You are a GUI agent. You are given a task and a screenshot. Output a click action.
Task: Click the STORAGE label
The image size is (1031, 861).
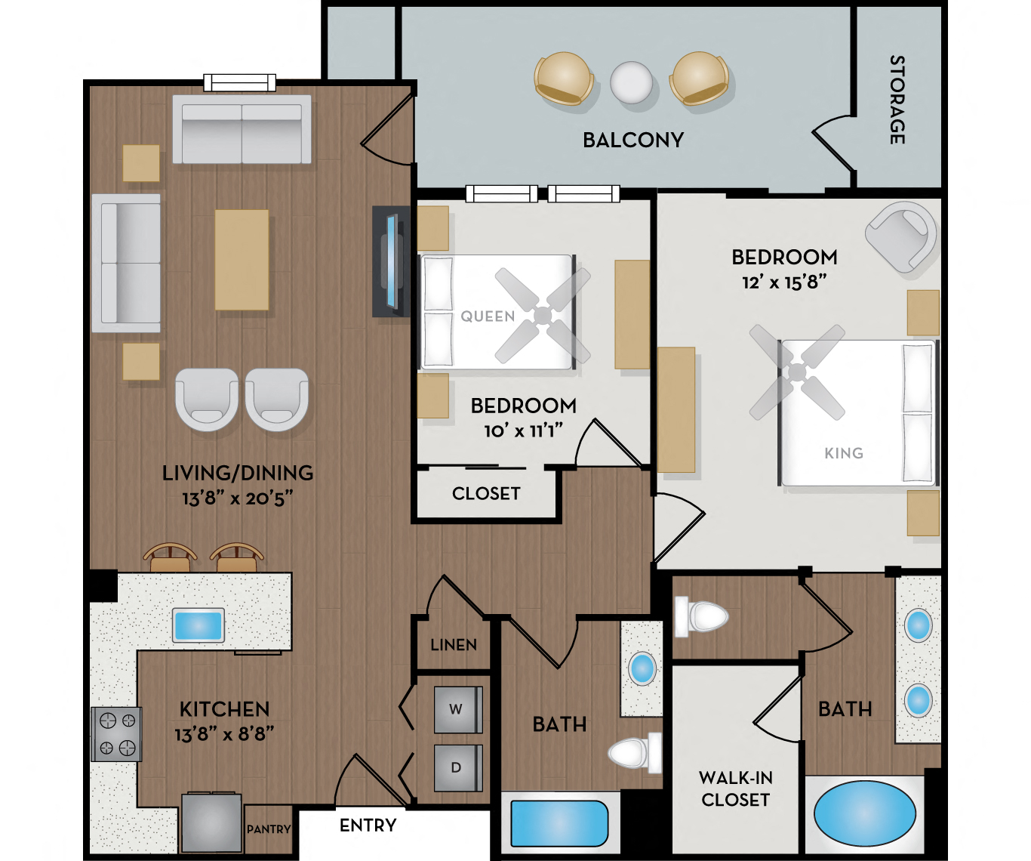(x=897, y=100)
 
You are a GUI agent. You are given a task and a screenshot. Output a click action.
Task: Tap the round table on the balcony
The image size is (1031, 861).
(x=631, y=82)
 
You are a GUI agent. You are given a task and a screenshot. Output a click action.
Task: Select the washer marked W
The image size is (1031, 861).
(x=456, y=709)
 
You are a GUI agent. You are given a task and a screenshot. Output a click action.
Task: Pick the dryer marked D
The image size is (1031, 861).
(x=456, y=767)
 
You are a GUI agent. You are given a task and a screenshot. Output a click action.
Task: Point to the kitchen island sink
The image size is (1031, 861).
(x=199, y=625)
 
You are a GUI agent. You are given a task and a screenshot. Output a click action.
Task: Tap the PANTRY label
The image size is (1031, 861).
(x=269, y=829)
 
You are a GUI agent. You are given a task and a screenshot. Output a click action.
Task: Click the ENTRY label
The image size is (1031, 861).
(x=368, y=826)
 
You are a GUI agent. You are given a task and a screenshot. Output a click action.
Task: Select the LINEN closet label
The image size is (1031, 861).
(x=454, y=645)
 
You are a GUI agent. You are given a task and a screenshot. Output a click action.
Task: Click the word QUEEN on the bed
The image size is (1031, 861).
(x=488, y=316)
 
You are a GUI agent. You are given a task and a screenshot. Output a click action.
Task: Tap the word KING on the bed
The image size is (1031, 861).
(x=844, y=453)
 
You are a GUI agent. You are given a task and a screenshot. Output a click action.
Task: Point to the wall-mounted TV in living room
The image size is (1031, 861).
(x=391, y=261)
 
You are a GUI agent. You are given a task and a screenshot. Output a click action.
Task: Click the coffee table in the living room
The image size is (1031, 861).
(x=242, y=260)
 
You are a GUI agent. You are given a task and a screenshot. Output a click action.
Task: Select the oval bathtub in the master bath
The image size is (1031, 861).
(x=864, y=813)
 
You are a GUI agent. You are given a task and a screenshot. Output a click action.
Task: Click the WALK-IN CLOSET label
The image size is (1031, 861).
(x=735, y=788)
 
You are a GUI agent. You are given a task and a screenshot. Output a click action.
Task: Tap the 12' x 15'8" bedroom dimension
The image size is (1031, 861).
(x=784, y=282)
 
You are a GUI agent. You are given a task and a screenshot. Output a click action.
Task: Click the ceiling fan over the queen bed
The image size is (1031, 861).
(x=543, y=315)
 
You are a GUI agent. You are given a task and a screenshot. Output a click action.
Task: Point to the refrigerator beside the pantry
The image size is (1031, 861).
(x=212, y=822)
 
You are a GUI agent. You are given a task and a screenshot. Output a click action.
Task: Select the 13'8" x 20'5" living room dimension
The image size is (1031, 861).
(x=237, y=498)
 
